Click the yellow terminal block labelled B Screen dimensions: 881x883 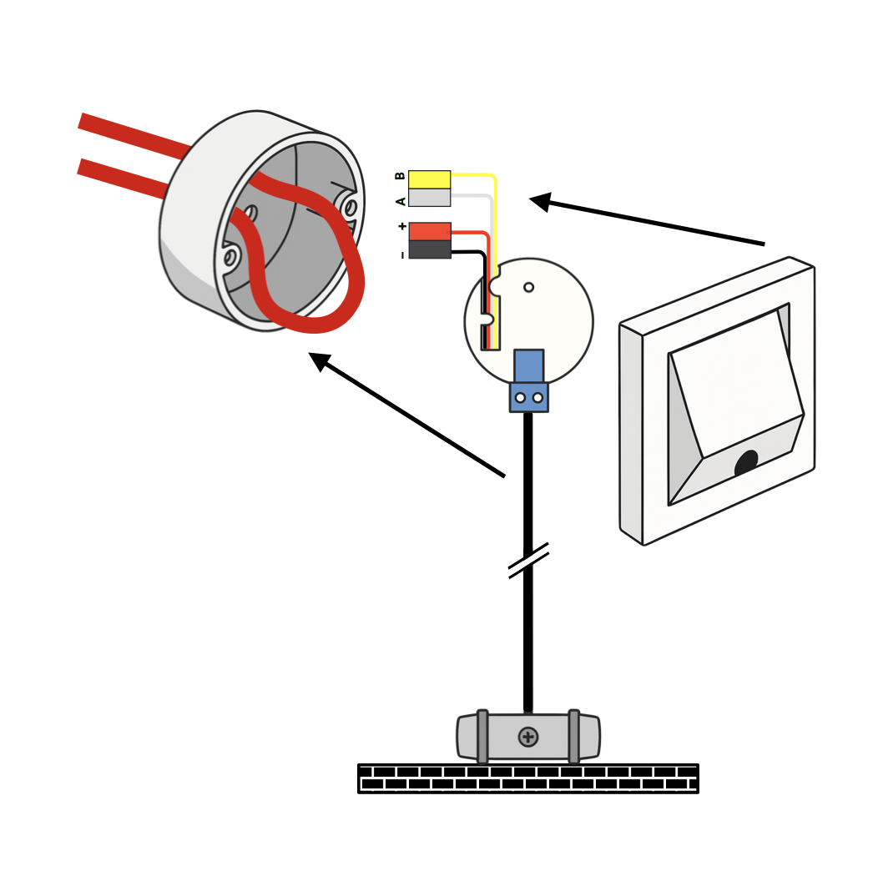429,179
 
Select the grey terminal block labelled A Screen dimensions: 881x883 429,198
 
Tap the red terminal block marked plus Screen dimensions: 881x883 429,231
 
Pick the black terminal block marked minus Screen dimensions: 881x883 429,249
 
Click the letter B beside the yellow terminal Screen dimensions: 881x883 400,176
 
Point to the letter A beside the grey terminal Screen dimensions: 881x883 401,201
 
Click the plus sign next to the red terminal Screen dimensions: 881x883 401,226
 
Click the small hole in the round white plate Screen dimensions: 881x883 528,287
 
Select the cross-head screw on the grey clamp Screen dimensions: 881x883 527,737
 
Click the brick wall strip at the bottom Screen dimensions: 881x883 527,778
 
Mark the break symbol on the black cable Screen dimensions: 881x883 528,561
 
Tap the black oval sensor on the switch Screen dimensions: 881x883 746,463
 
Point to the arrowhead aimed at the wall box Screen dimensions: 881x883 319,360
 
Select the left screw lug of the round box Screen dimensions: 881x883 231,254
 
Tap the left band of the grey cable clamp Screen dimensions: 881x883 482,737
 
